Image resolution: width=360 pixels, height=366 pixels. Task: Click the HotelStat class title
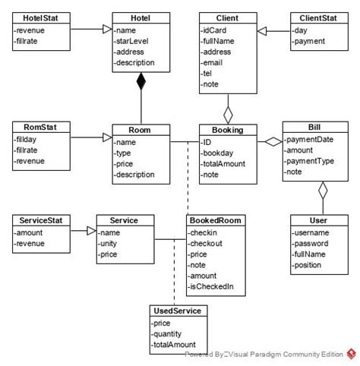click(x=37, y=17)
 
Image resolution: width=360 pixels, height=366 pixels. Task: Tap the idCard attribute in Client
click(x=215, y=29)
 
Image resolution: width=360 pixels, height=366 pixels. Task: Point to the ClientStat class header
click(x=314, y=17)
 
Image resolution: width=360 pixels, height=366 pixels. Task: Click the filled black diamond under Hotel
click(x=140, y=83)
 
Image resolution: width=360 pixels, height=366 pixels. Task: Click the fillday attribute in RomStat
click(x=27, y=140)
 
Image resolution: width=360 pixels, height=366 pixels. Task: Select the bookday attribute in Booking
click(x=218, y=153)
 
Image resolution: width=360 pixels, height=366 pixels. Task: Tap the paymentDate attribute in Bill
click(x=310, y=140)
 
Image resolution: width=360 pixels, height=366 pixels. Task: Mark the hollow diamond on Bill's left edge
click(x=273, y=141)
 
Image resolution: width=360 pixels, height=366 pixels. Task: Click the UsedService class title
click(x=178, y=312)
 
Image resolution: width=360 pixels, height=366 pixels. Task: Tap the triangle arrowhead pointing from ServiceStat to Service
click(x=90, y=232)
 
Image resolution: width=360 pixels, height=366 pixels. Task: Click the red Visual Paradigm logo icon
click(x=351, y=353)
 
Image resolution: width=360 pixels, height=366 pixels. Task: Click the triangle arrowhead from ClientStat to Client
click(x=262, y=30)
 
